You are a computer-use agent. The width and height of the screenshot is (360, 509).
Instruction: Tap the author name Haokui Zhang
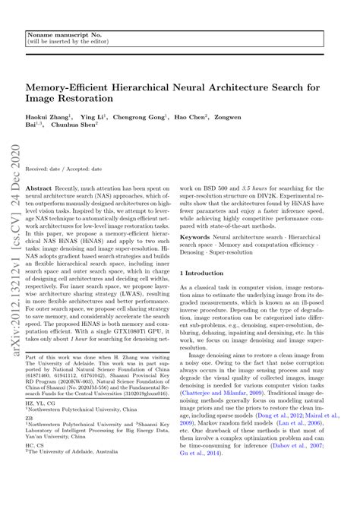50,119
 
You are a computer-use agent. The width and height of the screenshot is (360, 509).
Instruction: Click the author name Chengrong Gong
149,119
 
